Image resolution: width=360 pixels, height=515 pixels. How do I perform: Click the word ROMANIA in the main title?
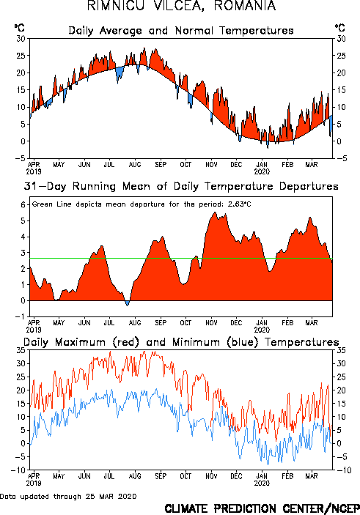coord(245,6)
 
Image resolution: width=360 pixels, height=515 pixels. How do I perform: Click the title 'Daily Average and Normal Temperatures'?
coord(181,31)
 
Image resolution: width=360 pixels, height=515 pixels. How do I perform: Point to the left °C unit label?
coord(19,28)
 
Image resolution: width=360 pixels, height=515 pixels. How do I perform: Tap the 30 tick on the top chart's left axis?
coord(21,39)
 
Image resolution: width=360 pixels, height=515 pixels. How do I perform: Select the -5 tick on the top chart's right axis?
coord(341,158)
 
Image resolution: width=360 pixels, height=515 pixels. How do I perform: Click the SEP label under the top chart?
coord(161,165)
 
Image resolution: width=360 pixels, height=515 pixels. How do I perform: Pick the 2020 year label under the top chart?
coord(262,171)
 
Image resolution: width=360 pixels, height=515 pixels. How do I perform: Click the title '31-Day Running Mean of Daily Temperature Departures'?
coord(181,186)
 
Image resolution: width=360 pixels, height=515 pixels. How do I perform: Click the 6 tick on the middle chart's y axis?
coord(23,205)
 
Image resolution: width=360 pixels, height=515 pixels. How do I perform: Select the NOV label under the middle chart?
coord(211,323)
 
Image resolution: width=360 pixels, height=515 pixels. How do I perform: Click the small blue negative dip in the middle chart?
coord(128,303)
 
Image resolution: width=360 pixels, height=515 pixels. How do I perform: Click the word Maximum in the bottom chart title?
coord(80,342)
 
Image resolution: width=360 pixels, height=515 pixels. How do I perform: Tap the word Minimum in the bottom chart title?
coord(196,342)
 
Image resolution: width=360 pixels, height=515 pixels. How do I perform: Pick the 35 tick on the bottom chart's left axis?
coord(21,350)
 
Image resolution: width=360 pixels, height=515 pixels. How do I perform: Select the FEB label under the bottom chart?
coord(287,476)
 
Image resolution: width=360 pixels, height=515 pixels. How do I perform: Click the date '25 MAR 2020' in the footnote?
coord(111,496)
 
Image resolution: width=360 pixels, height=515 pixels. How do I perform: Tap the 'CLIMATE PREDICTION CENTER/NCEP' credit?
coord(262,508)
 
